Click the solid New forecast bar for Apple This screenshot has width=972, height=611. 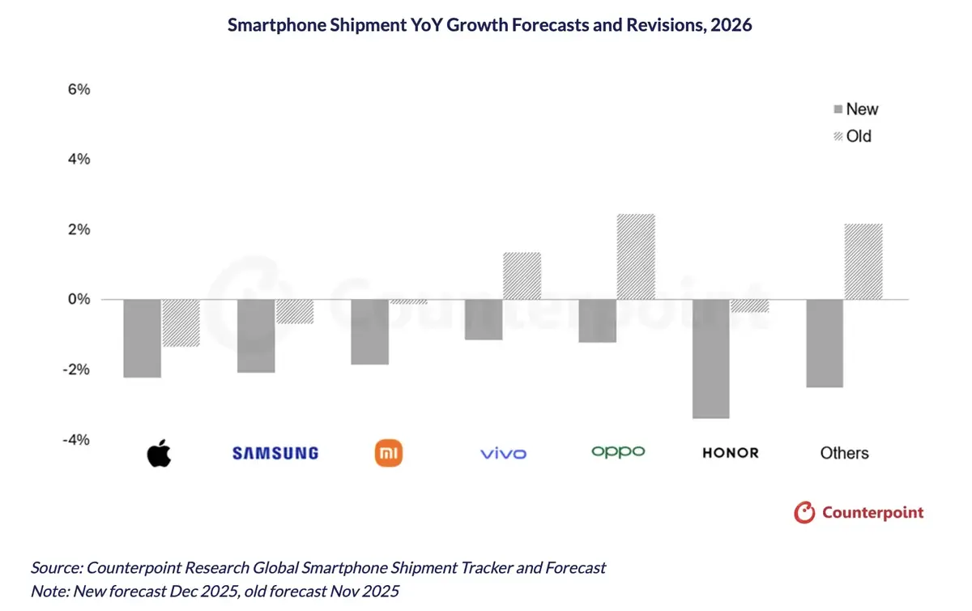click(x=142, y=338)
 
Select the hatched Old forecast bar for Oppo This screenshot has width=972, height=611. click(x=636, y=257)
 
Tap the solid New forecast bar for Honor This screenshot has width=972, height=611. click(x=712, y=358)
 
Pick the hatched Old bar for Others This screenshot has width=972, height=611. click(x=863, y=262)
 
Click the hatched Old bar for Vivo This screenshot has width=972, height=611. click(x=522, y=276)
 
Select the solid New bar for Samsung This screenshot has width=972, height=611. click(x=256, y=335)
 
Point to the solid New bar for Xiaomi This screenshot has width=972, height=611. click(x=369, y=331)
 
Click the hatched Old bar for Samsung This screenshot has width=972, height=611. click(x=294, y=312)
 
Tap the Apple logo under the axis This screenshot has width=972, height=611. click(x=160, y=453)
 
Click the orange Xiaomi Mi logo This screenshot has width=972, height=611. click(x=389, y=453)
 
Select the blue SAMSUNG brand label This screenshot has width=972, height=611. click(x=275, y=453)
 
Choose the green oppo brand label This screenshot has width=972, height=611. click(x=618, y=451)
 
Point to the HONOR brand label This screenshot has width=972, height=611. click(x=731, y=453)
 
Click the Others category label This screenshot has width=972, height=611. click(x=844, y=453)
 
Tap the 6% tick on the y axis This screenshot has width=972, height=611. click(x=79, y=90)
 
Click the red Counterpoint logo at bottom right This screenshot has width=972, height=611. click(x=859, y=512)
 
